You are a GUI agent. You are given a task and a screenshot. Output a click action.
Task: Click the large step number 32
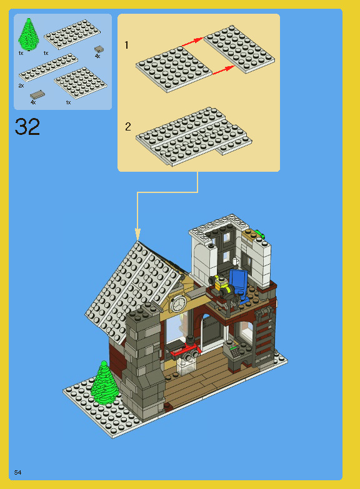(x=27, y=127)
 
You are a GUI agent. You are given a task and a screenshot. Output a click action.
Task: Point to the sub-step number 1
(x=127, y=46)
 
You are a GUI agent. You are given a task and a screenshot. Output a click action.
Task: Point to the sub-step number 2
(x=128, y=127)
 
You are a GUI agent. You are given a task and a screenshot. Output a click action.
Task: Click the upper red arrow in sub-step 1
(x=192, y=41)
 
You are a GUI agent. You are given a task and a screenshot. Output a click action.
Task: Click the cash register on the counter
(x=234, y=350)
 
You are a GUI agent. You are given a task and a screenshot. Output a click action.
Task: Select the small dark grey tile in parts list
(x=99, y=49)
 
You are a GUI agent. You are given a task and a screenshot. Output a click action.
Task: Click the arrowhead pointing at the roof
(x=137, y=235)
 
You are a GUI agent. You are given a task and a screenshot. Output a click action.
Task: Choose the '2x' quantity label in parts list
(x=21, y=85)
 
